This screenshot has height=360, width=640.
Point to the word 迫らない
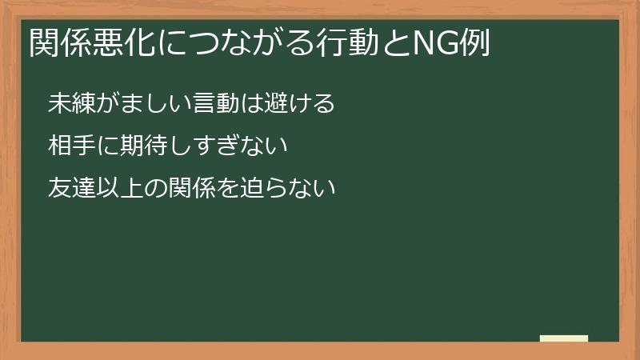pos(283,189)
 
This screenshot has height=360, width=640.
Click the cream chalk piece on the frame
pos(564,338)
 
